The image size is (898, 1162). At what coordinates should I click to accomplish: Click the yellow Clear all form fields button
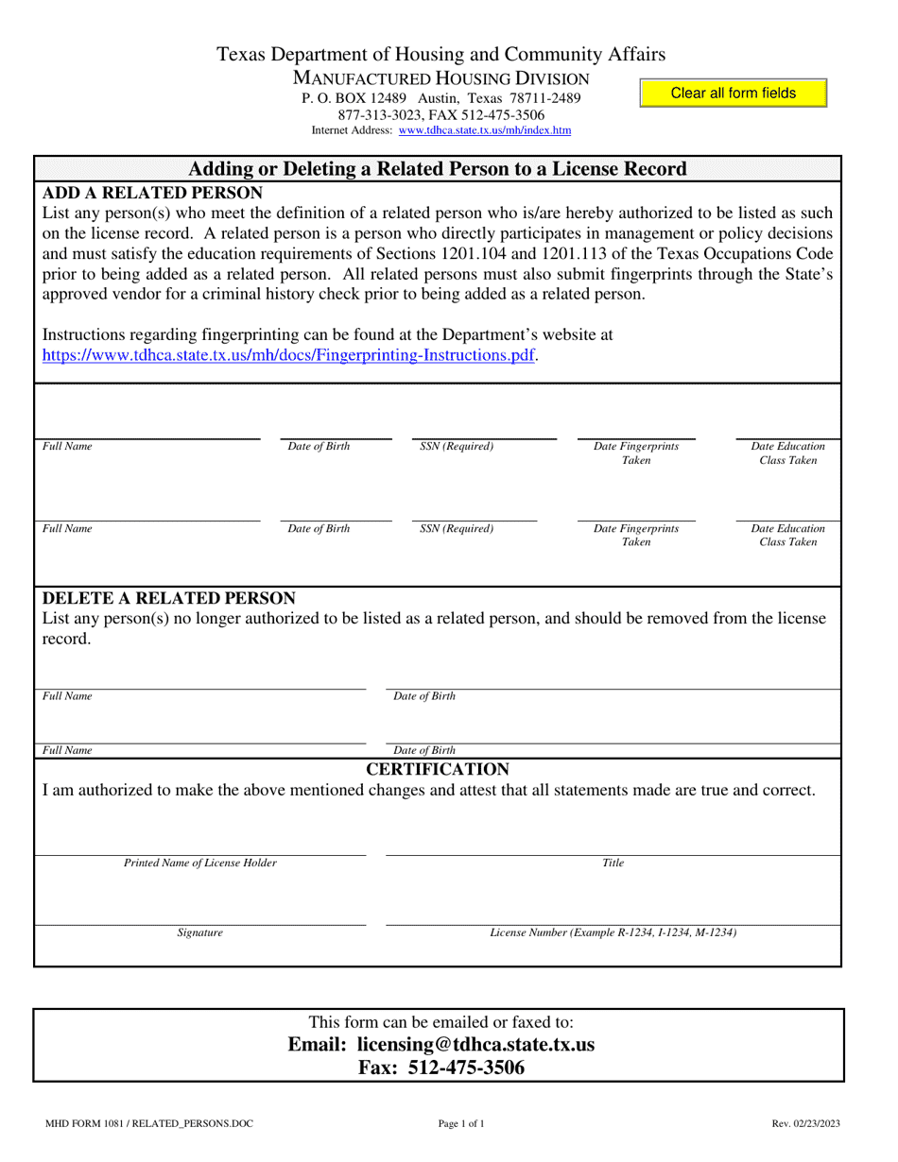coord(733,94)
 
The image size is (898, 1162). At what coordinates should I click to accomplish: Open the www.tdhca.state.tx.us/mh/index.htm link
coord(485,131)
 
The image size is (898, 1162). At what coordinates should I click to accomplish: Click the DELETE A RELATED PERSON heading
coord(169,598)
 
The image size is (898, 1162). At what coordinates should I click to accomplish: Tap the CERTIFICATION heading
coord(438,768)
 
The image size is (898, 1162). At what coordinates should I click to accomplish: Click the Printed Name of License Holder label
coord(200,863)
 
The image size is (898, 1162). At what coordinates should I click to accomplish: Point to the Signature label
coord(200,932)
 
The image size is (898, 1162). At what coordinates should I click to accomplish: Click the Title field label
coord(613,863)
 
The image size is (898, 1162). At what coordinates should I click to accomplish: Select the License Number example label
coord(613,932)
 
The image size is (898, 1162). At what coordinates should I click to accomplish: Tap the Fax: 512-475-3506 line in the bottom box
coord(440,1068)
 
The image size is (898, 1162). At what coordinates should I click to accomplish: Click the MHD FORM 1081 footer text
coord(148,1123)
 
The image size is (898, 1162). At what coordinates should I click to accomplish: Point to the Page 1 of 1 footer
coord(461,1123)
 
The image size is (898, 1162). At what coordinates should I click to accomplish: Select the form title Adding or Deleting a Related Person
coord(438,169)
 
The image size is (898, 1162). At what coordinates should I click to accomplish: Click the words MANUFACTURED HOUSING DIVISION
coord(440,78)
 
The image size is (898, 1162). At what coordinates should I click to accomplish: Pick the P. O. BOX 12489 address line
coord(440,98)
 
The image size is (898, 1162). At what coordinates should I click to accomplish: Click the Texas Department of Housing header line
coord(440,55)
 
